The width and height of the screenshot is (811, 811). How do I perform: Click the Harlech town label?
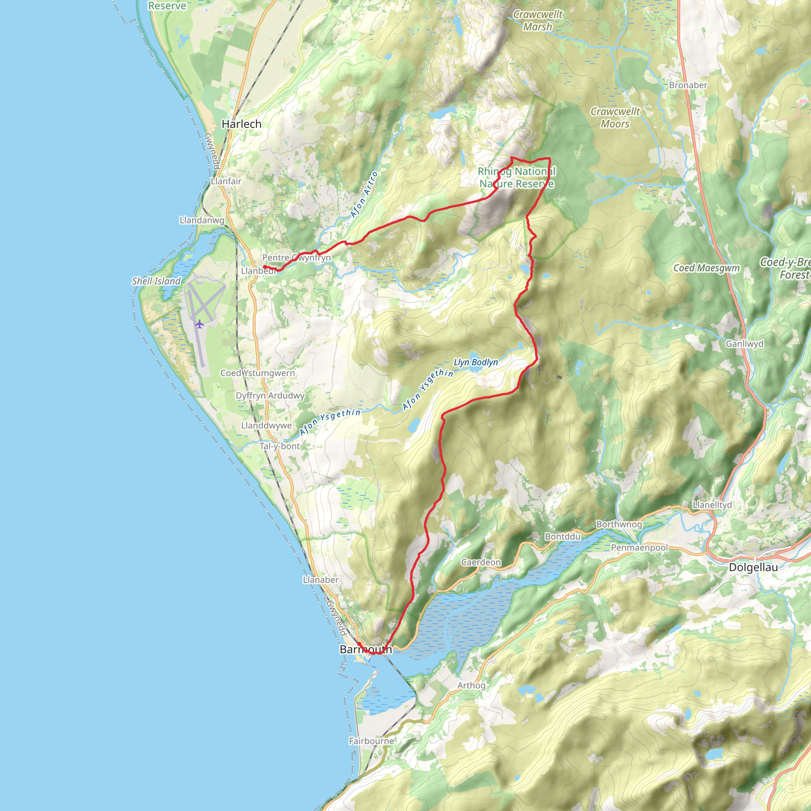pos(242,124)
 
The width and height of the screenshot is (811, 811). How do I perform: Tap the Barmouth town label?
pos(366,649)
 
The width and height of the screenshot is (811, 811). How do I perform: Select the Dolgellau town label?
pos(753,567)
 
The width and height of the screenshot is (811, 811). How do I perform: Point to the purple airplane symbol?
pos(200,324)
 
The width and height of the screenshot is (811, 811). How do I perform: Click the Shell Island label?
pos(156,281)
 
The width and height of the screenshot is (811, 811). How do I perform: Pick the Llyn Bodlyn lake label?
pos(476,362)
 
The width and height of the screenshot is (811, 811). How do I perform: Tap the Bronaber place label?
pos(688,85)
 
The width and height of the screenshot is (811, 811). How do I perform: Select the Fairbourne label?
pos(371,741)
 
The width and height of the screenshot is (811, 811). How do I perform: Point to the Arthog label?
pos(471,685)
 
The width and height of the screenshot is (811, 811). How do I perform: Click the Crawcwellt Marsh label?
pos(538,21)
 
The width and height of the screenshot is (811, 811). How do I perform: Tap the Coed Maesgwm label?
pos(706,268)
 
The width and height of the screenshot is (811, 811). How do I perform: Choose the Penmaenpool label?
pos(639,548)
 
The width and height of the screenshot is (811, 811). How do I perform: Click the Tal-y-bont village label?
pos(280,446)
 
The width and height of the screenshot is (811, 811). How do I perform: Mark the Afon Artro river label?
pos(364,195)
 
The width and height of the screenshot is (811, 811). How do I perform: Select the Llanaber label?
pos(320,580)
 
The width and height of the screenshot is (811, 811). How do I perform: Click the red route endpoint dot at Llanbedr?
pos(265,267)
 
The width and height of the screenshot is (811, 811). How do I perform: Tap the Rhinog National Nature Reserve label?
pos(517,177)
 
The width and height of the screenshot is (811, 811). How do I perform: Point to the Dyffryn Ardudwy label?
pos(270,396)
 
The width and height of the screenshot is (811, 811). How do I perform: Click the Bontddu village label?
pos(562,537)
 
